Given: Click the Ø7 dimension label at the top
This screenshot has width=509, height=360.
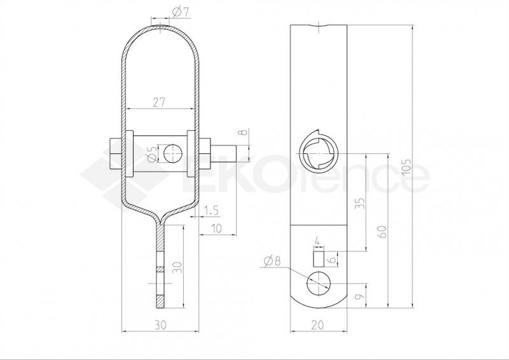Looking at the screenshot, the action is [181, 12].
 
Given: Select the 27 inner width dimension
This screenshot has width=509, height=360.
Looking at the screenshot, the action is [159, 102].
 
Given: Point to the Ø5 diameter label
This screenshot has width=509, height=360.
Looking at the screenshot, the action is [152, 153].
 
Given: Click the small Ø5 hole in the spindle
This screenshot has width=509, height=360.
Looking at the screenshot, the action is [172, 153].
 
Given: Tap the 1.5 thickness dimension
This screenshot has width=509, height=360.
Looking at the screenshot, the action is [211, 211].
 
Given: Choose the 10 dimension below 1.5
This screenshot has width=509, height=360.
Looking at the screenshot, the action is [216, 228].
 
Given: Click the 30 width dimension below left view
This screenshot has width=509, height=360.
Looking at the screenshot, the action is [160, 324].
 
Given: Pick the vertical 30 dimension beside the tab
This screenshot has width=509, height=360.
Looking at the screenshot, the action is [178, 267].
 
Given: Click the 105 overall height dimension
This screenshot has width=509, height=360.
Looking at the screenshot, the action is [407, 167].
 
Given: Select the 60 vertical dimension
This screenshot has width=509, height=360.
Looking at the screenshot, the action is [383, 232].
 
